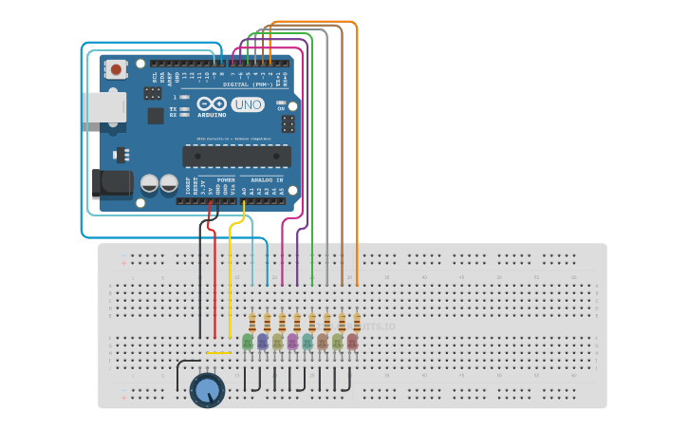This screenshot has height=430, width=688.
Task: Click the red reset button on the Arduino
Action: point(116,68)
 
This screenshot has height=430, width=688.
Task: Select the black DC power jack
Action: point(111,183)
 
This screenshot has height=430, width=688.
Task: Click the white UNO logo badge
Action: point(248,104)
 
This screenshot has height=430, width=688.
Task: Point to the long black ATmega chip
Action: point(237,156)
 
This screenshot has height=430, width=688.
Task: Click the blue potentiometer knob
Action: point(207,390)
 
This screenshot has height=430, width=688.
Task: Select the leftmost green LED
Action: point(248,342)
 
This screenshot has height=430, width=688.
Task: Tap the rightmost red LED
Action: point(352,342)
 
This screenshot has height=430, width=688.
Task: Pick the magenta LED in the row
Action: point(292,342)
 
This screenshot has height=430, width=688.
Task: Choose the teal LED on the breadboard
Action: point(307,342)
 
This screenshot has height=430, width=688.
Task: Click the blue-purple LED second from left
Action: point(263,342)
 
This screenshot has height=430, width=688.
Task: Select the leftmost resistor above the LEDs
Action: point(252,322)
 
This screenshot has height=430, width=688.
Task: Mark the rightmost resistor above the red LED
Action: point(357,322)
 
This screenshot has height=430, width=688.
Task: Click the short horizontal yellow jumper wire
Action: point(218,354)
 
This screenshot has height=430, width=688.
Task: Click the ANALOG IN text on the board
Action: point(267,178)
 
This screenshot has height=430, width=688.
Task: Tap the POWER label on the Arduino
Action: point(226,178)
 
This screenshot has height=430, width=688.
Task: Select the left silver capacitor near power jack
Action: point(149,183)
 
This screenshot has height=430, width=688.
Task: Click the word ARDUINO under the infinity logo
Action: point(212,115)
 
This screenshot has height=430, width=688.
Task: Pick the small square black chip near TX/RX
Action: point(156,116)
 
